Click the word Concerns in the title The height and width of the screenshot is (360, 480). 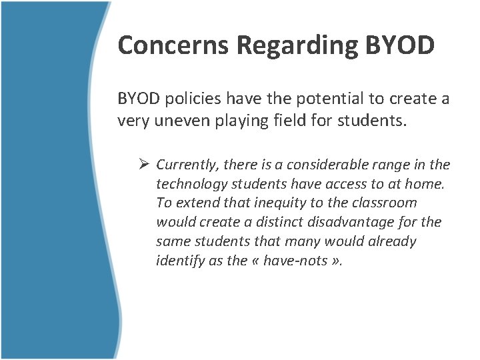coord(173,45)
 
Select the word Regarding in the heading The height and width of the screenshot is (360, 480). coord(297,46)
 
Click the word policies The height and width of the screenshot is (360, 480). coord(193,99)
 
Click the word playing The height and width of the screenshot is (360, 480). coord(241,121)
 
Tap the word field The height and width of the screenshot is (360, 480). coord(290,119)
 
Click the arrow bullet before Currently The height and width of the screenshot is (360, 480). coord(143,164)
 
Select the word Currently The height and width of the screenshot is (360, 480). coord(187,165)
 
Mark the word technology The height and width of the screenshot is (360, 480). coord(192,185)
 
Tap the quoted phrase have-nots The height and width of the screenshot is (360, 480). coord(295,261)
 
